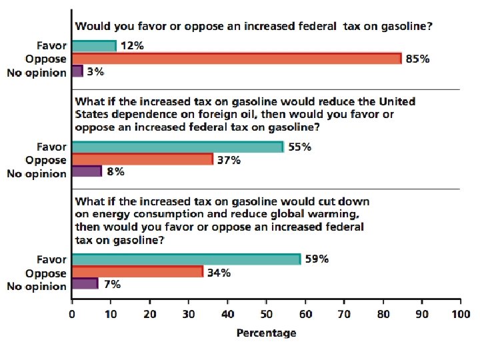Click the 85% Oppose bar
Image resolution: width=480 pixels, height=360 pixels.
237,59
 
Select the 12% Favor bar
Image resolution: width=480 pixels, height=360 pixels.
94,46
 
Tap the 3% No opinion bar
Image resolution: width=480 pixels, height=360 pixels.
77,71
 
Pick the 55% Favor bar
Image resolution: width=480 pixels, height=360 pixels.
177,147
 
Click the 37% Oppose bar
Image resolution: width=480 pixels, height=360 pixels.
142,160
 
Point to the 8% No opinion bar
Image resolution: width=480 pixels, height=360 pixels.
87,172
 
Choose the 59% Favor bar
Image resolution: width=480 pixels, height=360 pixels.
186,259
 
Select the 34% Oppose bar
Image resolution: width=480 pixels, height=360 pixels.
137,272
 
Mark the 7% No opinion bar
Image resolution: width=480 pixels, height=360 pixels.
85,285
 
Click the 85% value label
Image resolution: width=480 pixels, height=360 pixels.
418,59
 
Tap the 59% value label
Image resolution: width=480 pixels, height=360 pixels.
317,259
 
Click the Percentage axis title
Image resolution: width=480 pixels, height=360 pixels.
266,333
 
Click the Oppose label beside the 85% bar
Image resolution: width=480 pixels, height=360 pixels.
46,59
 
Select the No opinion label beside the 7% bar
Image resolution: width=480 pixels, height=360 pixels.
37,287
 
